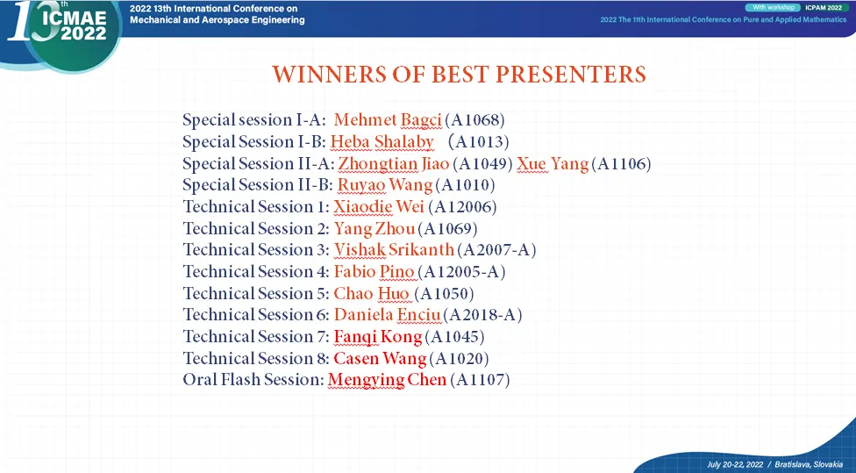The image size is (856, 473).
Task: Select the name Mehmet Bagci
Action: pos(388,119)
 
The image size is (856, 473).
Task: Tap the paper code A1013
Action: pos(478,141)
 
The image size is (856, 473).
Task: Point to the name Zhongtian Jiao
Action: pos(394,163)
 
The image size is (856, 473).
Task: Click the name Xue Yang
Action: pos(553,164)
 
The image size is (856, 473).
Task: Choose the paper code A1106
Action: pos(621,163)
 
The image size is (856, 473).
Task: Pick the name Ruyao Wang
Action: pos(385,185)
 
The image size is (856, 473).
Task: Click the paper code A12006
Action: pos(462,207)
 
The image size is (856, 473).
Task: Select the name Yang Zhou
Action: pos(374,228)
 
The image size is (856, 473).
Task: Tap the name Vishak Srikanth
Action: pos(394,249)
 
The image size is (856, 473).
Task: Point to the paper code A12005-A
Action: pos(461,271)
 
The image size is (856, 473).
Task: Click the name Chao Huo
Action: pos(372,293)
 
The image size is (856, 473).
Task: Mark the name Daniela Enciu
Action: pos(388,315)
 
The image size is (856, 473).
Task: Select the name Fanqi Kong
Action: pos(378,336)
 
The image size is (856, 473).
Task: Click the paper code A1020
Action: pos(459,358)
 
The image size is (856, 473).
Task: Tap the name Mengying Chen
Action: pos(387,380)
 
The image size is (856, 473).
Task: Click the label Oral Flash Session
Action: pos(253,380)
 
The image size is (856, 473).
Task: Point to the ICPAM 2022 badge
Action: pos(824,8)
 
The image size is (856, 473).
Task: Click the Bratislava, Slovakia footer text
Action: pos(809,464)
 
